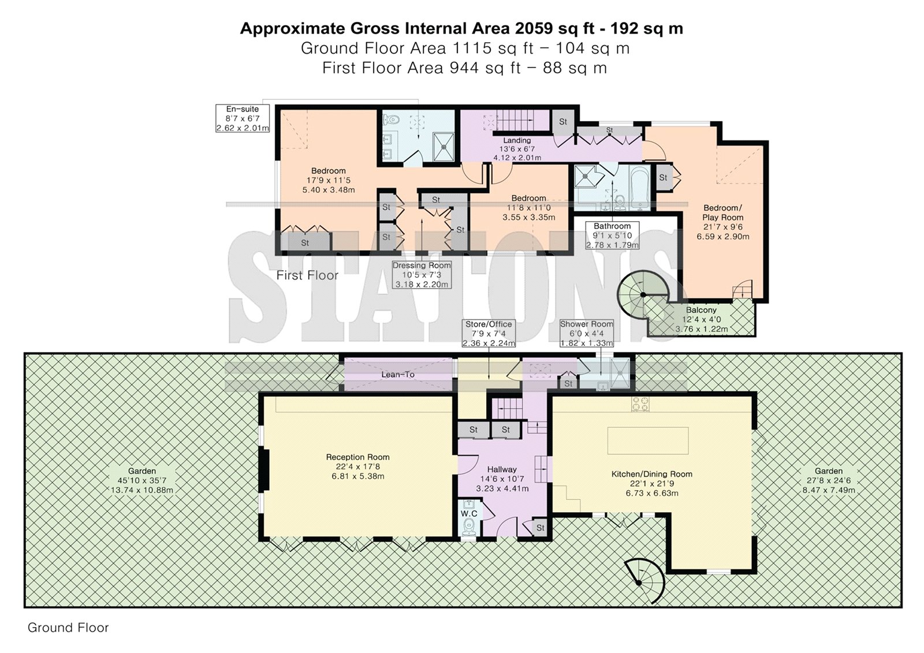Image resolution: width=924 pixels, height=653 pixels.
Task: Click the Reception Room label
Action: (x=357, y=457)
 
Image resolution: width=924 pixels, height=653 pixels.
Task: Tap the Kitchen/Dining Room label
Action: (x=652, y=474)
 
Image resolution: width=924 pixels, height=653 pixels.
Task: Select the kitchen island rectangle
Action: (x=647, y=441)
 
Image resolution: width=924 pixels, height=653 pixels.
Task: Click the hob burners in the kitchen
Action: (x=640, y=404)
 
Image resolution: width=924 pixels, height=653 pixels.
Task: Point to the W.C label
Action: (x=469, y=514)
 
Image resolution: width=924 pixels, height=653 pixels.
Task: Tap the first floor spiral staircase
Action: (x=643, y=294)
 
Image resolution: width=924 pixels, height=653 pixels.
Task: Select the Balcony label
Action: (x=701, y=310)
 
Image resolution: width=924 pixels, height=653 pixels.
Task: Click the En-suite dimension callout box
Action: (x=243, y=118)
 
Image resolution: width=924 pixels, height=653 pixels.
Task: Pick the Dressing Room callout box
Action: (x=422, y=275)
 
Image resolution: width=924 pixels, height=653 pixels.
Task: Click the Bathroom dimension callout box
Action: (x=612, y=236)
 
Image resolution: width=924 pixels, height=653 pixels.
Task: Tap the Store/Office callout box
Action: (x=489, y=333)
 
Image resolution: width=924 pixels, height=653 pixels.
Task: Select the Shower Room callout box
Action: (x=586, y=333)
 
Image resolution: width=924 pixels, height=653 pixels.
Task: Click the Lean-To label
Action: (x=398, y=375)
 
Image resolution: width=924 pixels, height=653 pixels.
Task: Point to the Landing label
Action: (x=517, y=140)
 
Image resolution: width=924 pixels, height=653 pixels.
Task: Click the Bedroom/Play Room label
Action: (x=723, y=212)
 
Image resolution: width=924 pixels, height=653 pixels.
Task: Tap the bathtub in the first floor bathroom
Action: (x=639, y=188)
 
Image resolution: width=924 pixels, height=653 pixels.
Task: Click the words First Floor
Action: (x=307, y=275)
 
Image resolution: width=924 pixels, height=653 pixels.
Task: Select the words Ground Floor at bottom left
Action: (x=68, y=628)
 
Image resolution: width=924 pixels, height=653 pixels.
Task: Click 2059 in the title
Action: (x=534, y=28)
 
